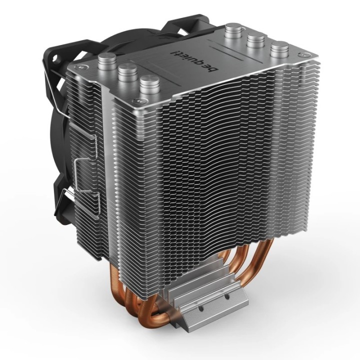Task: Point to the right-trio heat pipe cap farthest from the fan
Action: pos(278,50)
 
